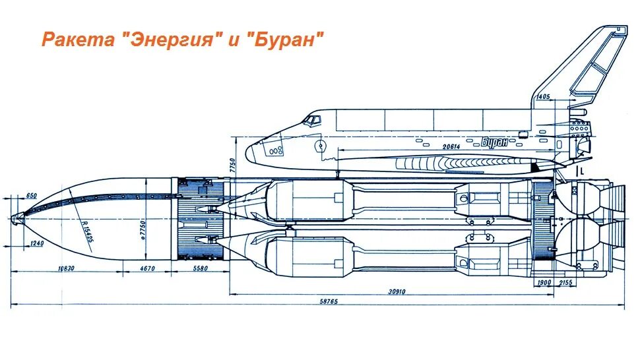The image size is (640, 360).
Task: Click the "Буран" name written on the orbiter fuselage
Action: coord(497,140)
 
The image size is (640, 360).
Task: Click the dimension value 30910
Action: coord(397,291)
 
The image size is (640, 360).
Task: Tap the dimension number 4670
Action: coord(148,268)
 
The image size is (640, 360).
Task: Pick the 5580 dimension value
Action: coord(201,268)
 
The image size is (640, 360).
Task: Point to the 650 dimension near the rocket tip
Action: coord(32,196)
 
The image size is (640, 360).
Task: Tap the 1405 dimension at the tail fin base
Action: coord(543,97)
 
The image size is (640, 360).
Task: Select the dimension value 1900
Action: coord(544,282)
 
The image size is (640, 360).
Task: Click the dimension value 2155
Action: coord(566,282)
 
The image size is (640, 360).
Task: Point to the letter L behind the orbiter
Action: coord(583,169)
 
